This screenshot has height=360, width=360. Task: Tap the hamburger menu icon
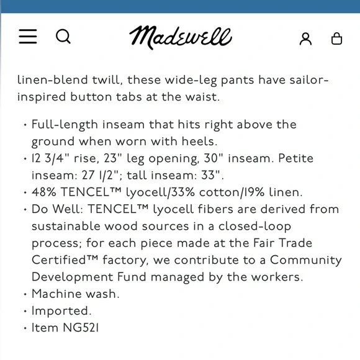pos(28,37)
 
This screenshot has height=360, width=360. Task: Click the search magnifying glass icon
pos(63,37)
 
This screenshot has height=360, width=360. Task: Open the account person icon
pos(305,38)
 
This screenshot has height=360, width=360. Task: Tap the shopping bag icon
pos(336,38)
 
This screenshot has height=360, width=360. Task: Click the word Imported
pos(61,311)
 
